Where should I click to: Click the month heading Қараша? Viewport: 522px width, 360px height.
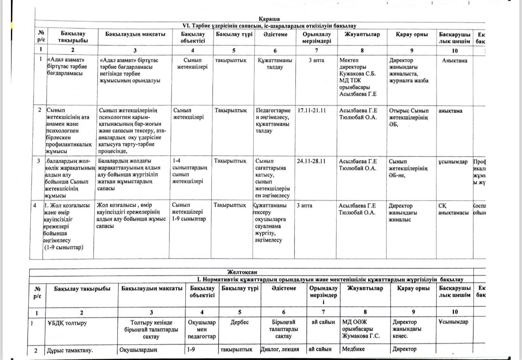pyautogui.click(x=269, y=19)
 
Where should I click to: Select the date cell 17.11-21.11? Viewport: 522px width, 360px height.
pyautogui.click(x=312, y=110)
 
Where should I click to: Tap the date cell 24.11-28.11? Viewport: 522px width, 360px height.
pyautogui.click(x=312, y=161)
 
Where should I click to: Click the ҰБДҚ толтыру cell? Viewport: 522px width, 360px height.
pyautogui.click(x=67, y=322)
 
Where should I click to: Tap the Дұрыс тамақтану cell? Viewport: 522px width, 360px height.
pyautogui.click(x=69, y=350)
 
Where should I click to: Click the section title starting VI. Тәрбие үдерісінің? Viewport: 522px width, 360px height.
pyautogui.click(x=269, y=25)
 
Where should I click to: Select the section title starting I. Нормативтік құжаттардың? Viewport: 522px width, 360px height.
pyautogui.click(x=329, y=279)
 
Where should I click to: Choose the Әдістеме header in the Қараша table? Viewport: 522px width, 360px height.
pyautogui.click(x=275, y=34)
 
